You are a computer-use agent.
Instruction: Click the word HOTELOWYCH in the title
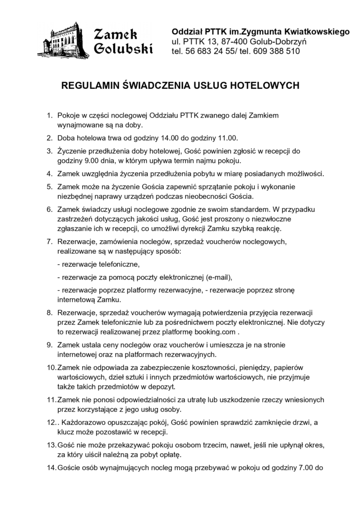point(263,85)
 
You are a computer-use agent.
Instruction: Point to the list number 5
point(49,187)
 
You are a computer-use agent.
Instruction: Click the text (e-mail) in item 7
point(215,276)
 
